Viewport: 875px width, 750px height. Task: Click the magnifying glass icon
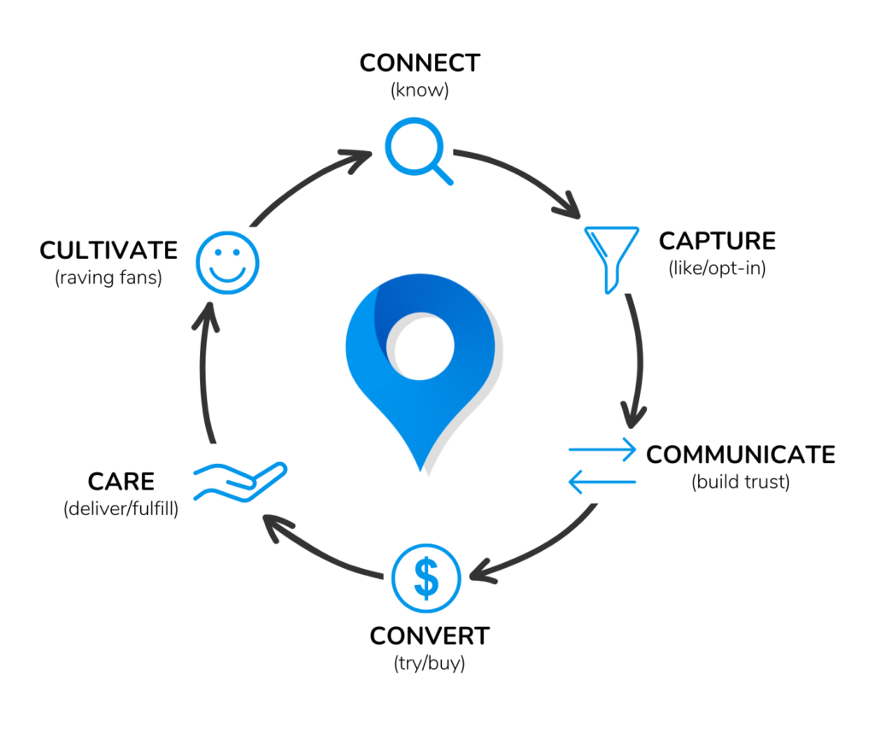coord(414,147)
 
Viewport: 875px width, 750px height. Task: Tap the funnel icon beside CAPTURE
coord(611,259)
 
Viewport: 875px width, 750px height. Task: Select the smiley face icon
coord(227,262)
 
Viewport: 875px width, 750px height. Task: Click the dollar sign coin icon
coord(426,578)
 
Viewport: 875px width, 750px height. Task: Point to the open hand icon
coord(240,482)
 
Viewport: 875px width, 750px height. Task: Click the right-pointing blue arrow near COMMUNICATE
coord(602,449)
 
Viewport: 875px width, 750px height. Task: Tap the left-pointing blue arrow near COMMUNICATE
coord(602,482)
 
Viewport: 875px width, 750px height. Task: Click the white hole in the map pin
coord(420,346)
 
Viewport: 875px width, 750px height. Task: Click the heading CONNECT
coord(420,63)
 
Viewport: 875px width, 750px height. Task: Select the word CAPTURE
coord(717,241)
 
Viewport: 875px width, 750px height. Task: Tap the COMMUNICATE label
coord(741,454)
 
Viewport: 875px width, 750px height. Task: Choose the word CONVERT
coord(430,636)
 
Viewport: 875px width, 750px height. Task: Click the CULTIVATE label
coord(109,250)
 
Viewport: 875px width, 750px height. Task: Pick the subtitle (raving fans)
coord(109,278)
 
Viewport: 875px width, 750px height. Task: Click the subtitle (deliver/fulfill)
coord(121,508)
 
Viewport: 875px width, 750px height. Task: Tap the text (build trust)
coord(741,482)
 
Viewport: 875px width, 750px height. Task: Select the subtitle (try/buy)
coord(429,663)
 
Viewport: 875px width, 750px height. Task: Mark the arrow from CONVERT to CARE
coord(318,553)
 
